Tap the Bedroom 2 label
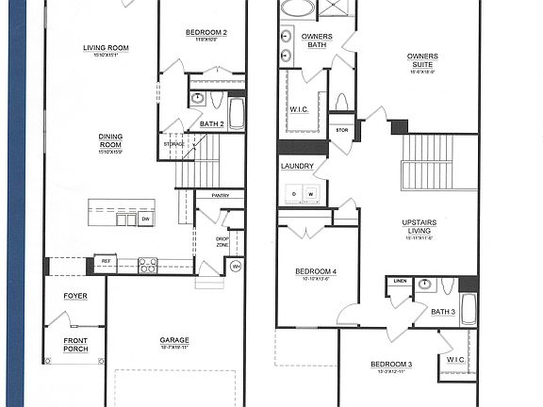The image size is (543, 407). pos(206,33)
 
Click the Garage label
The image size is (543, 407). pos(174,340)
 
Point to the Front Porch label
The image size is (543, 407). pos(75,345)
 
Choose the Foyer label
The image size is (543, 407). pos(75,296)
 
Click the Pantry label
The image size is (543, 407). pos(221,196)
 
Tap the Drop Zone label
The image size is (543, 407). pos(222,242)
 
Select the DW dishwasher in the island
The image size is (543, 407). pos(145,219)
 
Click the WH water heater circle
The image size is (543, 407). pos(237,266)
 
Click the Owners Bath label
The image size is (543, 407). pos(316,41)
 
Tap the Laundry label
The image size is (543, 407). pos(297,167)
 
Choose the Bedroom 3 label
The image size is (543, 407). pos(390,365)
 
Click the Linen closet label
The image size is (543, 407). pos(399,281)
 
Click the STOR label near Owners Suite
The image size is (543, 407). pos(341,130)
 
